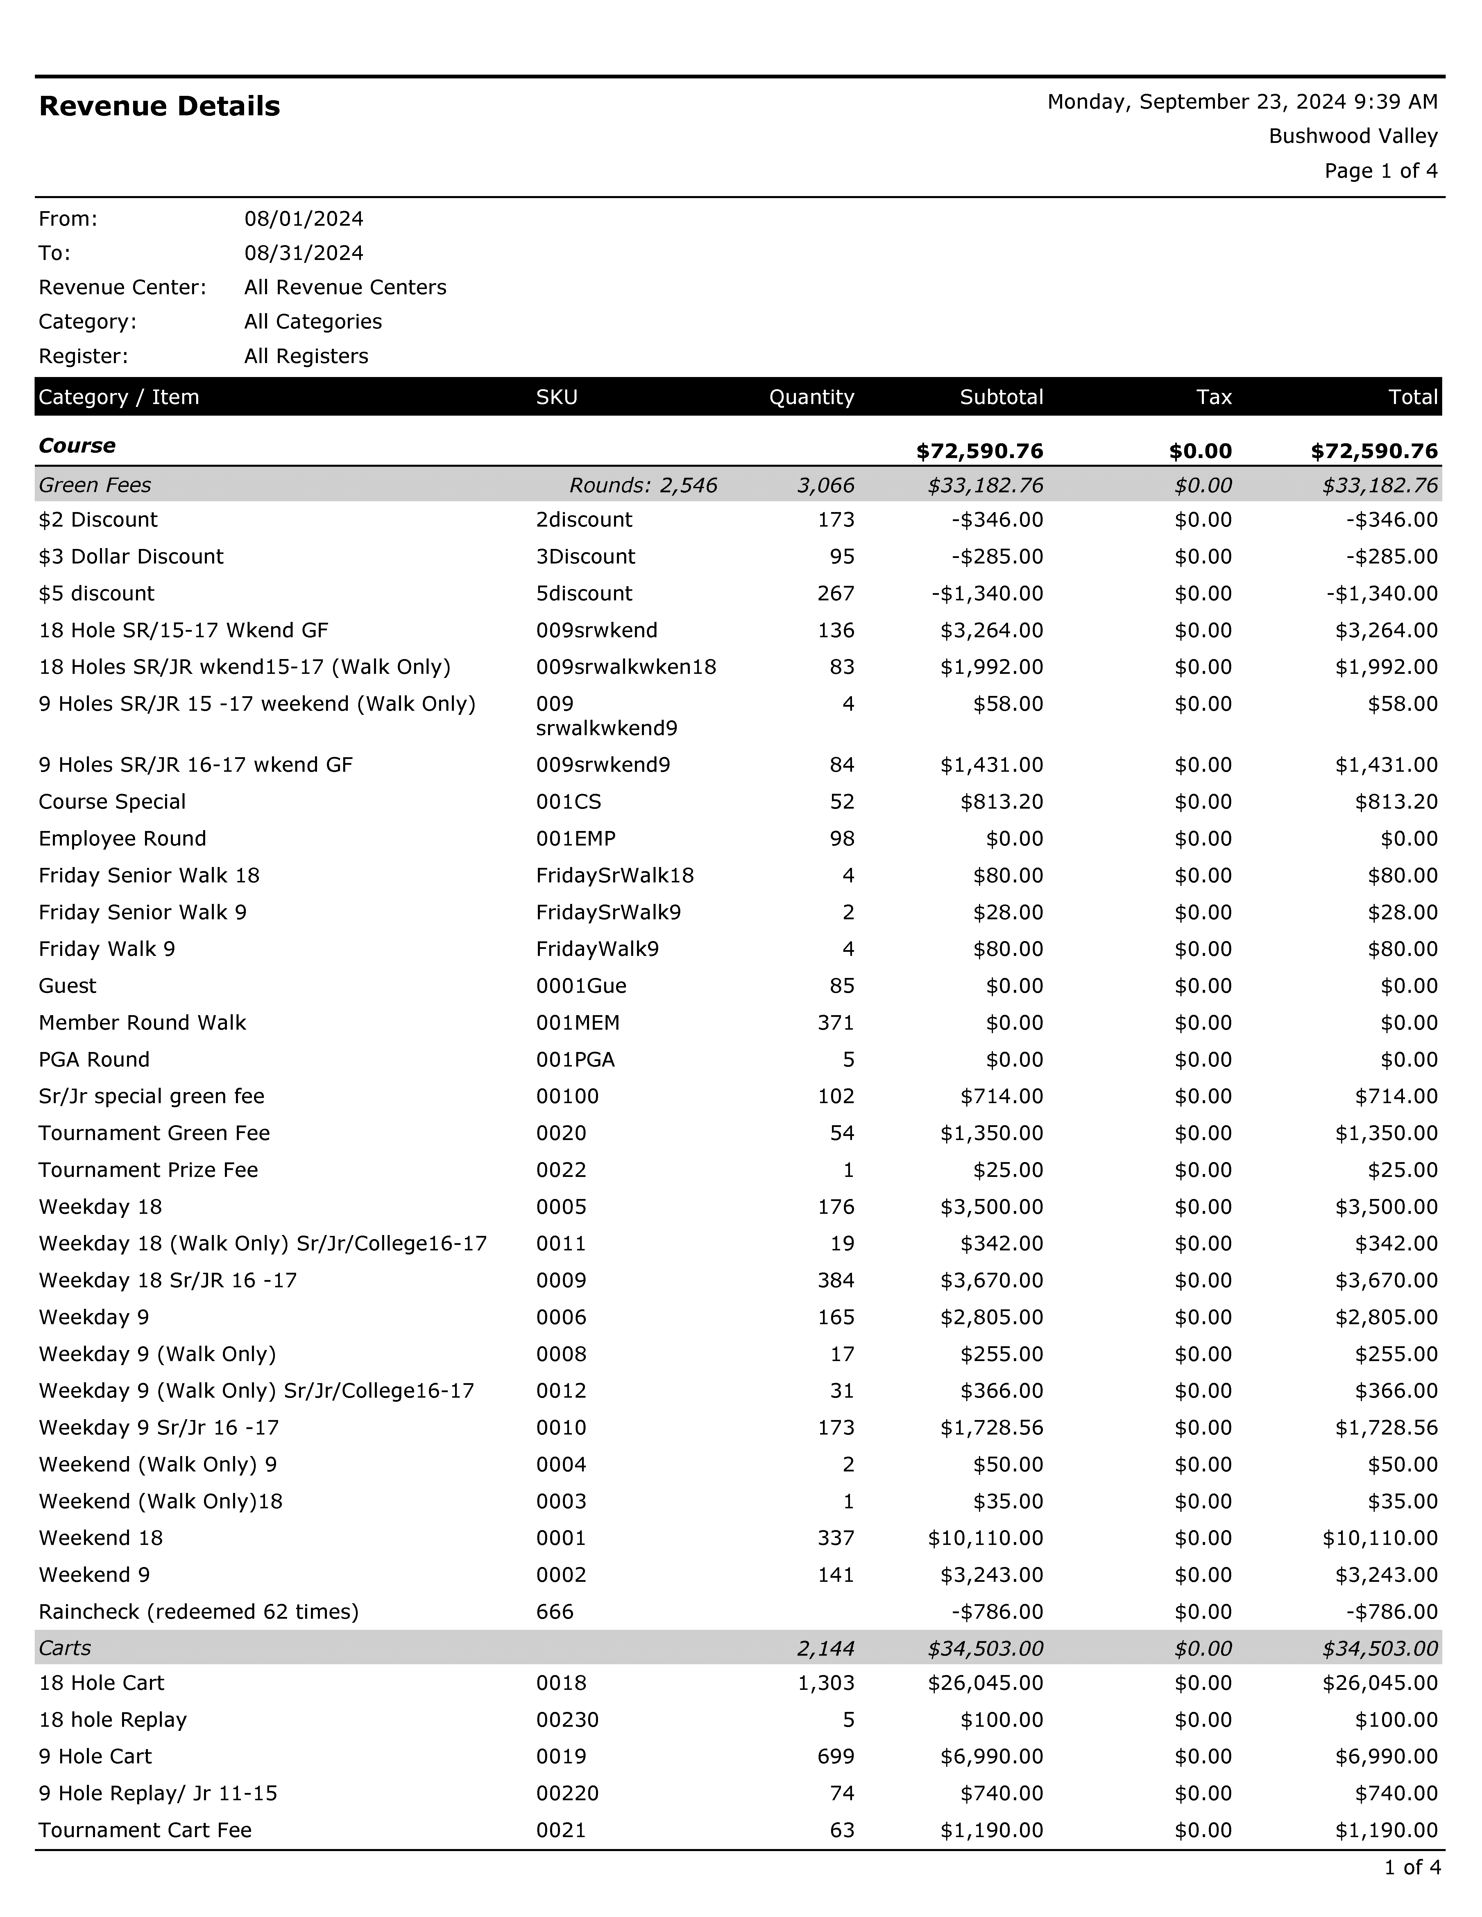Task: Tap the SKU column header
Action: tap(557, 397)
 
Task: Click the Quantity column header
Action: tap(811, 397)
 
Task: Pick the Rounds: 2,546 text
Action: tap(643, 485)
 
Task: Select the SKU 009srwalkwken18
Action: tap(626, 667)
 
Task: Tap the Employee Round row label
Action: tap(122, 838)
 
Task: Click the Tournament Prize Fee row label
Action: tap(148, 1170)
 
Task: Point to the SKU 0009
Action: tap(561, 1281)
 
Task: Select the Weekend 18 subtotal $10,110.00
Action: tap(985, 1538)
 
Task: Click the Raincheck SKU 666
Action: tap(555, 1611)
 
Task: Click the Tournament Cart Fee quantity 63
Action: tap(842, 1830)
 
